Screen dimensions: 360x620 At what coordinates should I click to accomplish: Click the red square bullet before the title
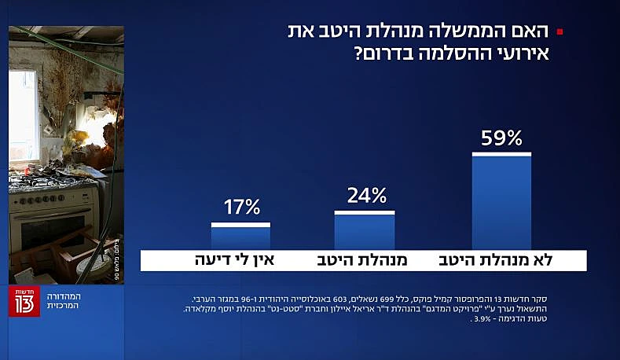[559, 32]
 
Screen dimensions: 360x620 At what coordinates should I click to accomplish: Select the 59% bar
[501, 201]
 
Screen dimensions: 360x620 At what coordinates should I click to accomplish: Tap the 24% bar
[365, 230]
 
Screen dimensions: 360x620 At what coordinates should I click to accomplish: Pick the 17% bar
[240, 237]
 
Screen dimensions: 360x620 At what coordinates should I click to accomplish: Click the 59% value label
[501, 139]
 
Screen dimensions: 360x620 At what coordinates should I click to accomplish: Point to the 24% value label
[365, 197]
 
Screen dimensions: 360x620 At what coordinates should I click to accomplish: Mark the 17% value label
[241, 208]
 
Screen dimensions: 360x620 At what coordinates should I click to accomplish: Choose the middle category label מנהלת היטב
[363, 260]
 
